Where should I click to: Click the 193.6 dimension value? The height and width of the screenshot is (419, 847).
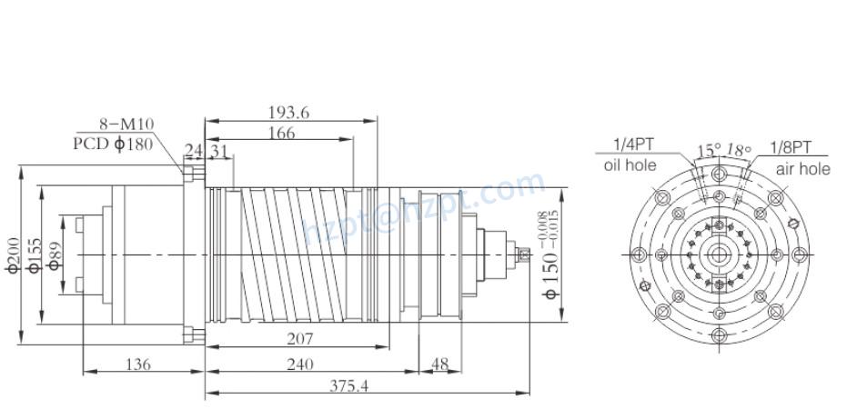click(x=288, y=112)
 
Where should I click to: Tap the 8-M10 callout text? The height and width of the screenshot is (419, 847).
click(x=126, y=125)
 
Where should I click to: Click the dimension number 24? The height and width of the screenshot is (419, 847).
click(x=194, y=150)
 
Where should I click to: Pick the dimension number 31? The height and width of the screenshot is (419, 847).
click(x=219, y=150)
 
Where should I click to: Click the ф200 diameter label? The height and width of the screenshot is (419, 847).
click(x=12, y=255)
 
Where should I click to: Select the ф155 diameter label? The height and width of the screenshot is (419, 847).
click(x=33, y=255)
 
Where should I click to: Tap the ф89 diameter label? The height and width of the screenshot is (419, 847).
click(x=54, y=255)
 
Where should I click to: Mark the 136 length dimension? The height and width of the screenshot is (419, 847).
click(x=137, y=364)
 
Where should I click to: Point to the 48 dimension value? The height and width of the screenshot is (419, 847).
click(x=439, y=364)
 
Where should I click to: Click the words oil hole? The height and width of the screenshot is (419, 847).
click(x=629, y=165)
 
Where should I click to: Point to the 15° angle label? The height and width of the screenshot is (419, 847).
click(x=709, y=149)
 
